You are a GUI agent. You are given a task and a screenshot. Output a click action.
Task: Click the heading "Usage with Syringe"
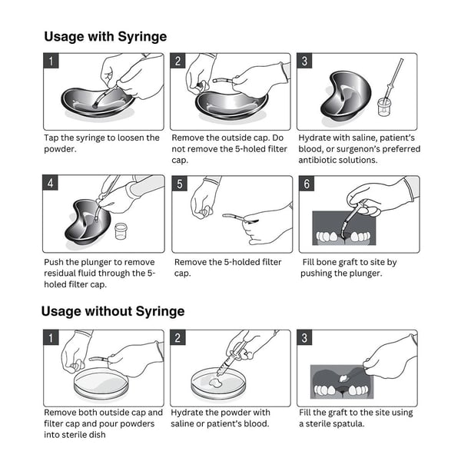coord(105,37)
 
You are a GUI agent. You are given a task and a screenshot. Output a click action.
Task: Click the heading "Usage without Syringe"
coord(113,311)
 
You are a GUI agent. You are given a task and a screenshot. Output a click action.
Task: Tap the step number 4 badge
coord(50,183)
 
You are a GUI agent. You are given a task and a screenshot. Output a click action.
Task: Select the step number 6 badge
coord(307,184)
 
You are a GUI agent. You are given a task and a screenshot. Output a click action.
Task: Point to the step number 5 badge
coord(179,184)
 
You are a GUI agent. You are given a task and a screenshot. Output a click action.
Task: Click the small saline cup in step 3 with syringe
coord(384,107)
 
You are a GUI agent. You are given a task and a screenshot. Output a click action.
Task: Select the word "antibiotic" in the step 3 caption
coord(317,160)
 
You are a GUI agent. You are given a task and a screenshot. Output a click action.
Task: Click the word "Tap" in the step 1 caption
coord(51,138)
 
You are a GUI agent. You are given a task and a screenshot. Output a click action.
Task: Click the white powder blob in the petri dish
coord(215,383)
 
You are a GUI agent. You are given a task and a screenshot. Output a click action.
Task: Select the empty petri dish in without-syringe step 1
coord(101,383)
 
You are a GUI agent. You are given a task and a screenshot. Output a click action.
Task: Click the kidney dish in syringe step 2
coord(231,105)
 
